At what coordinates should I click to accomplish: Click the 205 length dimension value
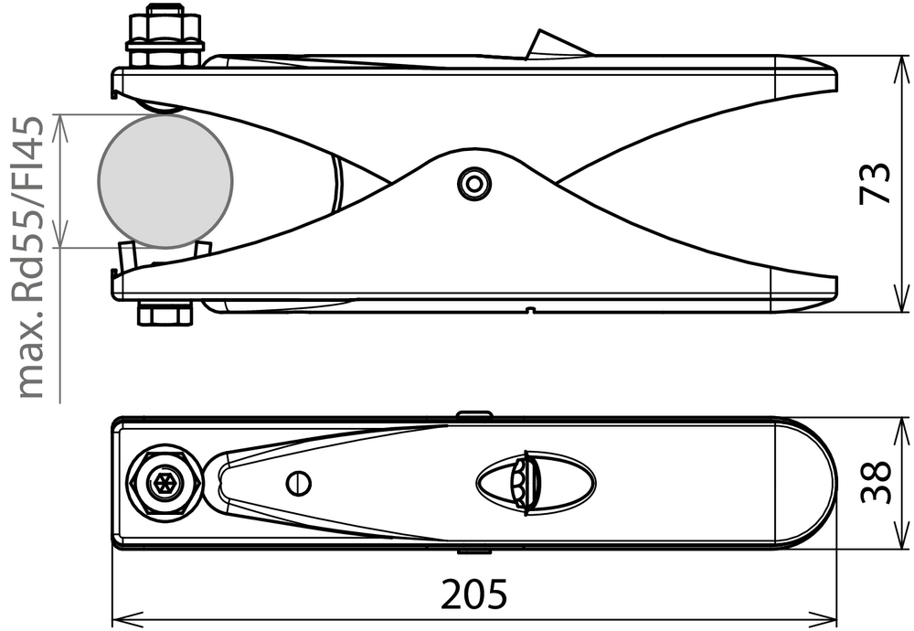[x=473, y=594]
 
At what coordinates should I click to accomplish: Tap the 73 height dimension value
[x=875, y=184]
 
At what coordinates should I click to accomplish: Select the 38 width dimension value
[x=875, y=482]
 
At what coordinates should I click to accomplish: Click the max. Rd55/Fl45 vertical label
[x=31, y=258]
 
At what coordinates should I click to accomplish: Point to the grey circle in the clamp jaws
[x=166, y=180]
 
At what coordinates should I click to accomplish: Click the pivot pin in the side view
[x=473, y=185]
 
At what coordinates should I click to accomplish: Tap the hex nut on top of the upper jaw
[x=165, y=35]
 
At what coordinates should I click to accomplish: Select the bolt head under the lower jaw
[x=165, y=314]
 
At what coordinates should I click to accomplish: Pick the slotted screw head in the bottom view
[x=299, y=484]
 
